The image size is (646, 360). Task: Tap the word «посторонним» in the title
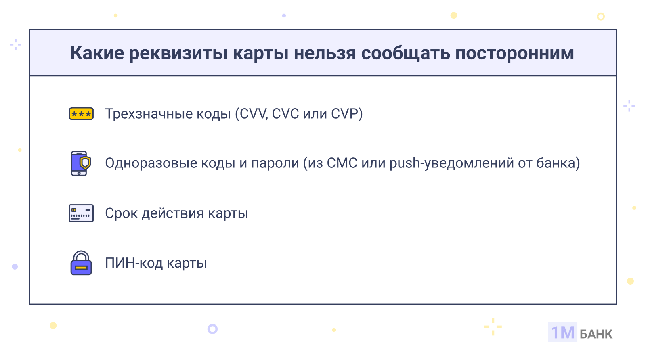point(514,54)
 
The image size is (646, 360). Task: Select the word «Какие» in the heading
point(97,53)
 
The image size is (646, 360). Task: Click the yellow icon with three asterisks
point(81,113)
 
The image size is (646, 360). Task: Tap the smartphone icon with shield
point(81,163)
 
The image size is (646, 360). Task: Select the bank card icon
point(81,213)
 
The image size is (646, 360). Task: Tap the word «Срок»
point(122,213)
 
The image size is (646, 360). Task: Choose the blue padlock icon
point(81,263)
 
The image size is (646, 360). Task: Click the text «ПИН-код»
point(134,263)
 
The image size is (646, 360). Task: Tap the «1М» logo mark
point(563,332)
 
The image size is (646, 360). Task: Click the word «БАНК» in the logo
point(596,334)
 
